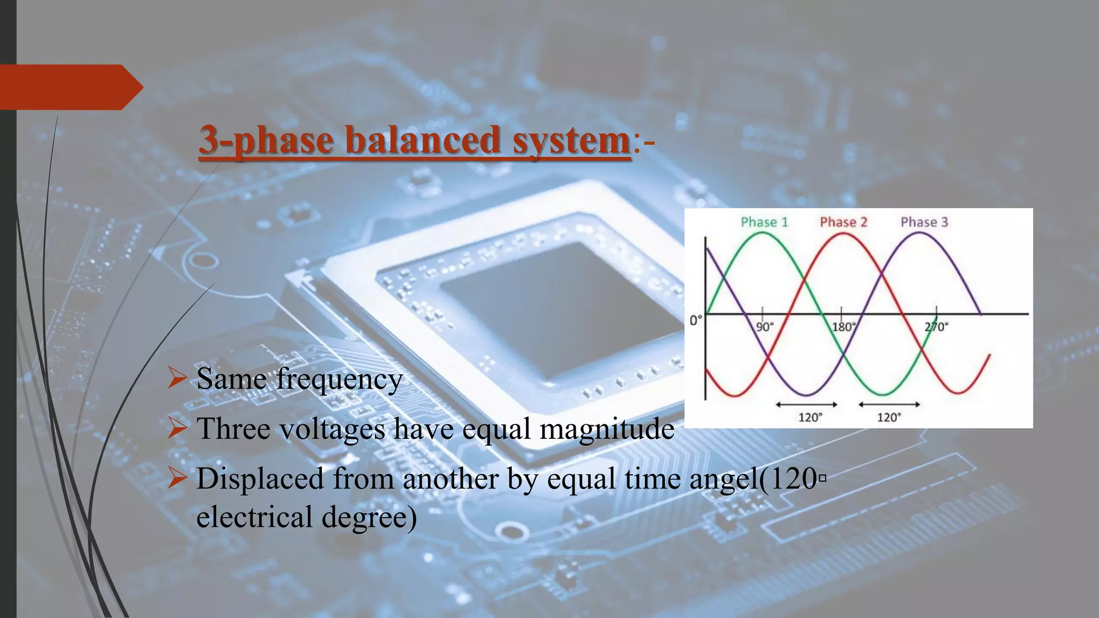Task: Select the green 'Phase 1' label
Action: (764, 222)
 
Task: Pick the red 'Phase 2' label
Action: (843, 222)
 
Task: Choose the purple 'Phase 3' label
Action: (924, 222)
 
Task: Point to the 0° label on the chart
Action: (695, 321)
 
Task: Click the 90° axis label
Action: (765, 327)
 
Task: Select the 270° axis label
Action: (936, 327)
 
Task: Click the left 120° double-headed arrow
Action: (807, 404)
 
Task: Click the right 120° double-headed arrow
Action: (889, 404)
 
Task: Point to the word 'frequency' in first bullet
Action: (339, 379)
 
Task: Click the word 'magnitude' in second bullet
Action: (606, 429)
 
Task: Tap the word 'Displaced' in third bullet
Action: (260, 479)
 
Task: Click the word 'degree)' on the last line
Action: (369, 517)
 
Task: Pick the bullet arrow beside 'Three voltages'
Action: (177, 428)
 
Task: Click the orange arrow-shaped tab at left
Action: (70, 87)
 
